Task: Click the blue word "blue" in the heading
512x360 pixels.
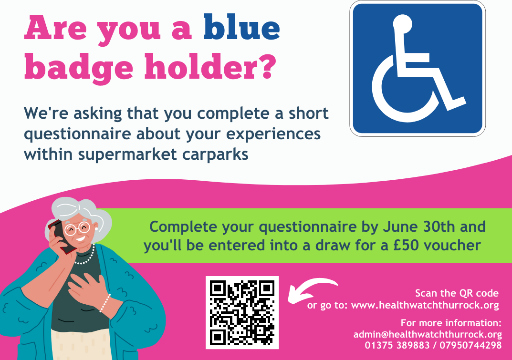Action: click(x=241, y=27)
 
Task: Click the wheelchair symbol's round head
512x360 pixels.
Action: click(x=402, y=24)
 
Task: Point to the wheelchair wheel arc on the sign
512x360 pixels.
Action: click(x=385, y=104)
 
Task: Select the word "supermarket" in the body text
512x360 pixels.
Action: click(x=127, y=155)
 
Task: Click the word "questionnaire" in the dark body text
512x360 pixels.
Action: click(x=78, y=134)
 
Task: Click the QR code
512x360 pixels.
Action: click(x=242, y=312)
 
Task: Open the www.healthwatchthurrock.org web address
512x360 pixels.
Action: click(x=425, y=306)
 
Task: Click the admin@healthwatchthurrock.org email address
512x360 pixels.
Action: click(x=428, y=335)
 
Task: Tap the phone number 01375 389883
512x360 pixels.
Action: click(x=397, y=345)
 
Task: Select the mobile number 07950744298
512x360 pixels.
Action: click(x=470, y=345)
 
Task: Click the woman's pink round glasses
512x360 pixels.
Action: click(x=77, y=228)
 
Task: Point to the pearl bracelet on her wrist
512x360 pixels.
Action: click(x=105, y=303)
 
